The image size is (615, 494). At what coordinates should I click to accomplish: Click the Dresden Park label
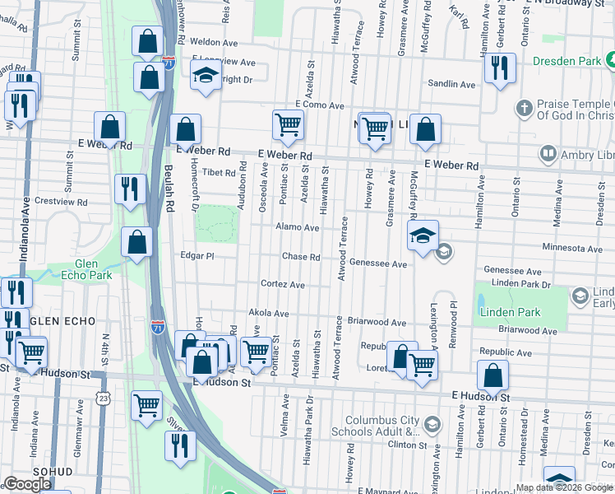coord(567,61)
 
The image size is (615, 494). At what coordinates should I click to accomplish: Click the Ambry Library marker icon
coord(548,153)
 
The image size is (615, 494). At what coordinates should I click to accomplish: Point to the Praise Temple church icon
coord(524,108)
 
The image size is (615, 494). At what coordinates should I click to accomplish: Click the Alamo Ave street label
coord(298,227)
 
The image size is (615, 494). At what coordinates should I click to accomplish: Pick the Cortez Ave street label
coord(283,285)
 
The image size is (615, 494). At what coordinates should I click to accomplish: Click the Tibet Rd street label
coord(219,172)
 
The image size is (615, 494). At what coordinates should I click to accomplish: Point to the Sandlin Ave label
coord(452,84)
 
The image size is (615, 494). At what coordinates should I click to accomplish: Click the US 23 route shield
coord(102,398)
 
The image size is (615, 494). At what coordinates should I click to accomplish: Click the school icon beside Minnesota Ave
coord(423,236)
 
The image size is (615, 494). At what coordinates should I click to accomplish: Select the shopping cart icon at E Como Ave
coord(289,125)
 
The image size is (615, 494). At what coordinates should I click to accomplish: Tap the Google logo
coord(27,484)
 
